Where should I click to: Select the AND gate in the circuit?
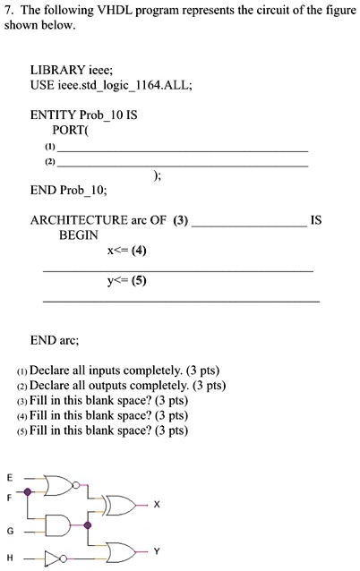pos(59,524)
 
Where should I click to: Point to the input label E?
pos(10,476)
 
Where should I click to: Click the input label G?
pos(10,531)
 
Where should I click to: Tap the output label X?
pos(157,505)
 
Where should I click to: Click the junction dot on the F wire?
pos(29,491)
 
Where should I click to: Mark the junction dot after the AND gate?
pos(87,525)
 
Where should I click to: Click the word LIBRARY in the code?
pos(57,69)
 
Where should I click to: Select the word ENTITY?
pos(52,115)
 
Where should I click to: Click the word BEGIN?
pos(79,234)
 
